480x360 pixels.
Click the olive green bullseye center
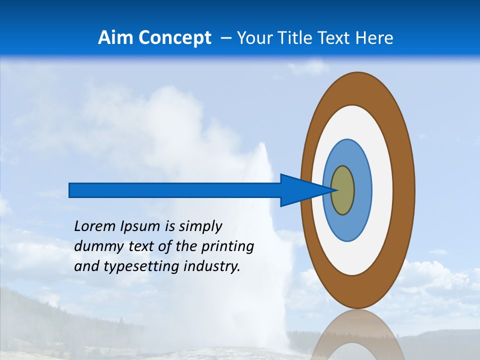[x=342, y=190]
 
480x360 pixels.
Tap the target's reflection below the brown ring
[x=357, y=335]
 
